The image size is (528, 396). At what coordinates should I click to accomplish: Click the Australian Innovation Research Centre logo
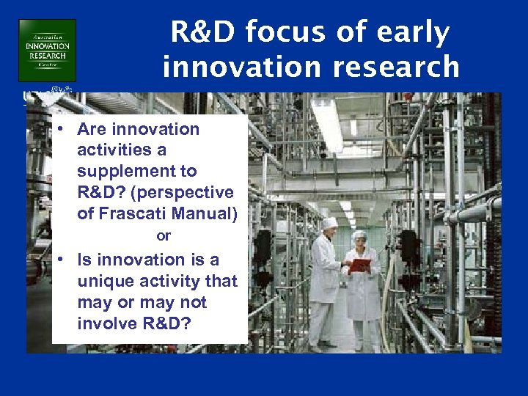tap(47, 50)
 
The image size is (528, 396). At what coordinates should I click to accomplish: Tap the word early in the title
tap(414, 33)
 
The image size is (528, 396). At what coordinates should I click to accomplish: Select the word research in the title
tap(396, 67)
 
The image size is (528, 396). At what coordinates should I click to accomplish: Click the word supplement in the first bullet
tap(136, 172)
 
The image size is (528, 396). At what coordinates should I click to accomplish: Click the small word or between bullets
tap(164, 236)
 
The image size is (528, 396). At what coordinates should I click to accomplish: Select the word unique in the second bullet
tap(103, 281)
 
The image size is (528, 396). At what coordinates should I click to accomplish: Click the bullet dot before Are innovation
tap(65, 128)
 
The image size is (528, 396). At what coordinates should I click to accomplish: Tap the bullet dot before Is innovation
tap(65, 259)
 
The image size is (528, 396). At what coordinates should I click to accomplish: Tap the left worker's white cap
tap(329, 222)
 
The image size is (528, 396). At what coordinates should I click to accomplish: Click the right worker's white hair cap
tap(360, 235)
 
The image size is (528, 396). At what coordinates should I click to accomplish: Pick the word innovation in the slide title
tap(236, 67)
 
